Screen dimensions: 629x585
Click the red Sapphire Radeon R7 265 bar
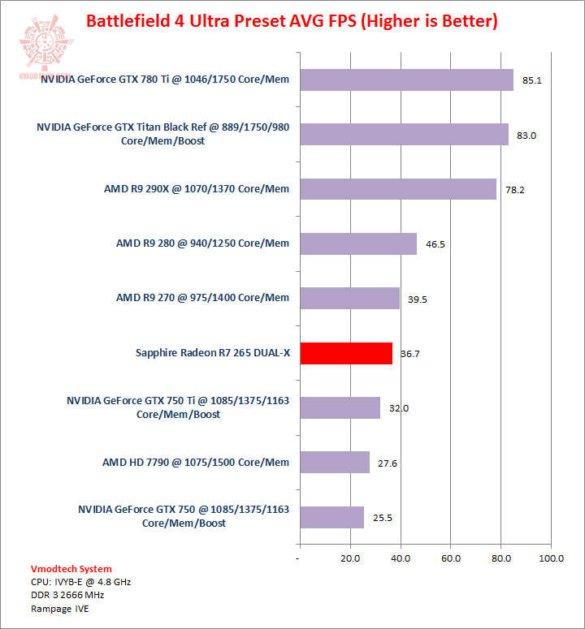click(346, 353)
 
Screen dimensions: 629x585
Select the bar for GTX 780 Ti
click(406, 80)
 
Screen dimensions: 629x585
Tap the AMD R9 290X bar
click(398, 189)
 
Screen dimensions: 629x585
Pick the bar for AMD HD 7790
click(334, 463)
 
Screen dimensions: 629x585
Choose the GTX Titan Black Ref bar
click(404, 135)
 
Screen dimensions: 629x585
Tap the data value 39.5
click(417, 299)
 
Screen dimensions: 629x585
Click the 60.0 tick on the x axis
click(450, 558)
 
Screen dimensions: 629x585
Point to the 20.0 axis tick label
click(350, 558)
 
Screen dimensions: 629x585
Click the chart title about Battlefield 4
click(292, 20)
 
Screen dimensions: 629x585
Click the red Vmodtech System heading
click(71, 569)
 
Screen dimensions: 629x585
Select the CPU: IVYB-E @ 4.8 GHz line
click(80, 582)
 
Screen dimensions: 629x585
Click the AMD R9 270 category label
click(202, 298)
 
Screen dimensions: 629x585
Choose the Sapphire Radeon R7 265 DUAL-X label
click(212, 353)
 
